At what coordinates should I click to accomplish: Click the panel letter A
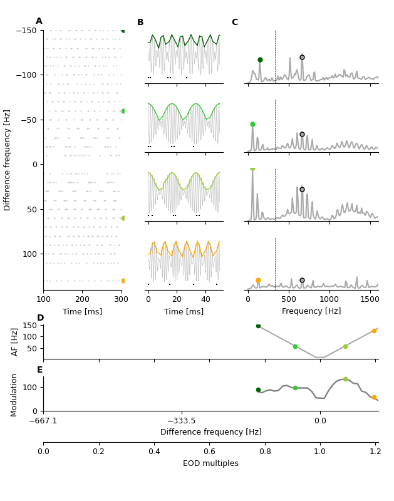(x=39, y=21)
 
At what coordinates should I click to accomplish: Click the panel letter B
(x=140, y=23)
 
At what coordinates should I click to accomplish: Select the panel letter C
(x=235, y=23)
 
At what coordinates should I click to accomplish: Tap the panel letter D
(x=41, y=318)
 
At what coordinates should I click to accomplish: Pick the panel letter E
(x=40, y=370)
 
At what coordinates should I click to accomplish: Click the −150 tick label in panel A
(x=27, y=31)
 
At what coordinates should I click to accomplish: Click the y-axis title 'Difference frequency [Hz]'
(x=8, y=160)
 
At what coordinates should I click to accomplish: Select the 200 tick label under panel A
(x=83, y=299)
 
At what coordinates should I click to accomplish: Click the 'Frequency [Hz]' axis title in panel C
(x=311, y=311)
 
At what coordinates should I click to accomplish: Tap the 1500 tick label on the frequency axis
(x=370, y=299)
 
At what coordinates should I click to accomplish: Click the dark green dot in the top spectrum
(x=260, y=60)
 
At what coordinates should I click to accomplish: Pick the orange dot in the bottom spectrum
(x=258, y=281)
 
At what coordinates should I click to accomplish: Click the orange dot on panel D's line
(x=374, y=331)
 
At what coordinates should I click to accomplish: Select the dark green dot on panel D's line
(x=258, y=326)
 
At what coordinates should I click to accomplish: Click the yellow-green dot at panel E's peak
(x=345, y=380)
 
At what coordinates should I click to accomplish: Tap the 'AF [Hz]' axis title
(x=16, y=342)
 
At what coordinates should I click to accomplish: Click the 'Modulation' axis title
(x=14, y=395)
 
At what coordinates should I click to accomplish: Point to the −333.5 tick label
(x=182, y=421)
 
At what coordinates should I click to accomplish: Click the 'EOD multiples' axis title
(x=210, y=463)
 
